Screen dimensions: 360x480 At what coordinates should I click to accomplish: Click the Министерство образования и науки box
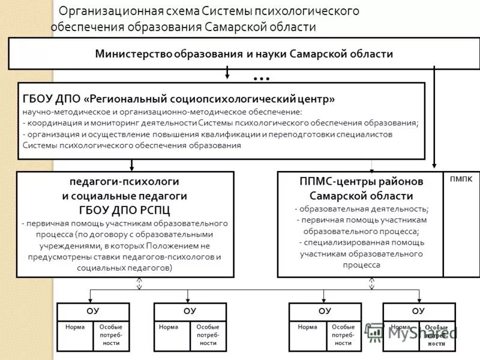[244, 54]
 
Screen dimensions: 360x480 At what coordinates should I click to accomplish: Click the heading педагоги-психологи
[124, 181]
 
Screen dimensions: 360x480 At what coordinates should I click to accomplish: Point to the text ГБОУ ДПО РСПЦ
[124, 210]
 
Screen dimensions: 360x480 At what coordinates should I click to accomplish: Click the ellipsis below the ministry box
[262, 78]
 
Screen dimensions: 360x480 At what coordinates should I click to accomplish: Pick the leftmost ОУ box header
[92, 311]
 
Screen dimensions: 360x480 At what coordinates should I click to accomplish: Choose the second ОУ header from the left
[190, 311]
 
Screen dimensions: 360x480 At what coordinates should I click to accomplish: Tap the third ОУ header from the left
[325, 311]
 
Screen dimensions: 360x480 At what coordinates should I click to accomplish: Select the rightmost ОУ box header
[418, 311]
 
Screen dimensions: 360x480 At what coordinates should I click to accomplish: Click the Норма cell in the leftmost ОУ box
[75, 328]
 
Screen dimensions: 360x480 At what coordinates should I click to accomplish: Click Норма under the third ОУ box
[307, 328]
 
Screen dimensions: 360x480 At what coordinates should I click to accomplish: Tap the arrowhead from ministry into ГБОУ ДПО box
[227, 77]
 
